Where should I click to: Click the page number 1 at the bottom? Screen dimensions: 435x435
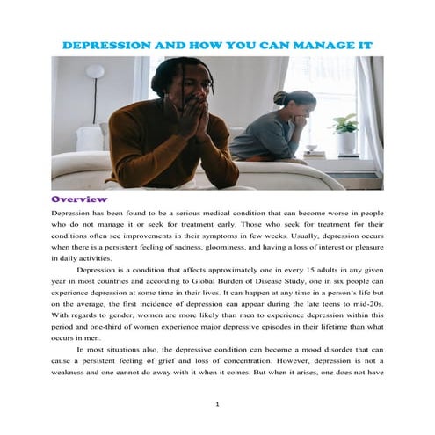click(x=217, y=405)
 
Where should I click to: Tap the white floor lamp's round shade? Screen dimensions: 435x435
click(x=95, y=71)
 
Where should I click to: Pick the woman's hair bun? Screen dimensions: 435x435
click(x=279, y=96)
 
